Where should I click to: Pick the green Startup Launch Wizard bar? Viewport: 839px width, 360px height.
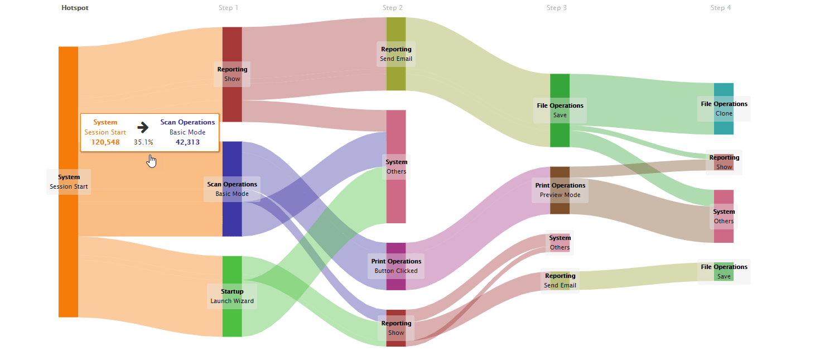232,321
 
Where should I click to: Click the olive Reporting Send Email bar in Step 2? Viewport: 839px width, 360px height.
396,75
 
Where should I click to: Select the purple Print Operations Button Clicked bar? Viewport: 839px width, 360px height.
396,249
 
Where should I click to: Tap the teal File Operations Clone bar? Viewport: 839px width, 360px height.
724,126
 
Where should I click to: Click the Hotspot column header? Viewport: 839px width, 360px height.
75,8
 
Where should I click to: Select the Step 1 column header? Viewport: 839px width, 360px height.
229,8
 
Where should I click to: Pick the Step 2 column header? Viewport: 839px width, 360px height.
393,8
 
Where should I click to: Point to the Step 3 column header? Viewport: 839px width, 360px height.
557,8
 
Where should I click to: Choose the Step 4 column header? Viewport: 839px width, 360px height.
721,8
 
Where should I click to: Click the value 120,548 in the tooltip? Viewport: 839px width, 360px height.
105,142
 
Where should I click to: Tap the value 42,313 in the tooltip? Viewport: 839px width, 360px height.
187,142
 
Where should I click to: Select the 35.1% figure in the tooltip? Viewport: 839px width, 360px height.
143,142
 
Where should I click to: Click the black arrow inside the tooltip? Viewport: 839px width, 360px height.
143,127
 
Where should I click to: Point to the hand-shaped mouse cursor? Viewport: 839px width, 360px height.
151,161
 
